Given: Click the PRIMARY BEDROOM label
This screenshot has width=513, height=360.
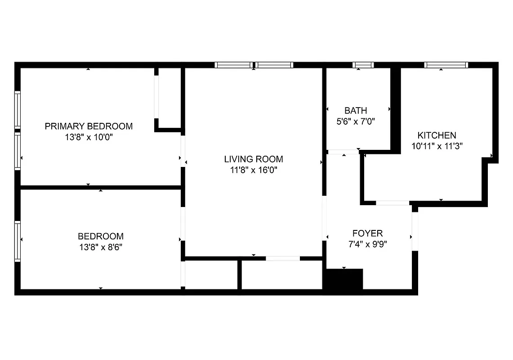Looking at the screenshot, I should point(89,126).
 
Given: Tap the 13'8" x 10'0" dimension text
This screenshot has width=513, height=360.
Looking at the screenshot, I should point(89,137).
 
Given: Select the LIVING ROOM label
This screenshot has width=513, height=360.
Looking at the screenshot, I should point(254,159).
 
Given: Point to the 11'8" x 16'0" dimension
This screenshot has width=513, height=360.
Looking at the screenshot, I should point(254,170).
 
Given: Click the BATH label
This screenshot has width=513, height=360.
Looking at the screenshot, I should point(356,110).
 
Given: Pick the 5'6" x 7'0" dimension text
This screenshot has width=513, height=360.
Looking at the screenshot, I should point(356,121).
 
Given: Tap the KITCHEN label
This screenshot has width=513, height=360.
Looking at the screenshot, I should point(437,135).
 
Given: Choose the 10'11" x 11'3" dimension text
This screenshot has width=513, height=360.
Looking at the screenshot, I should point(437,146).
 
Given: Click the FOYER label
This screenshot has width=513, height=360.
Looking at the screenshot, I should point(367,233).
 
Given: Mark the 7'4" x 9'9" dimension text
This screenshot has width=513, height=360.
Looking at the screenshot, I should point(367,244).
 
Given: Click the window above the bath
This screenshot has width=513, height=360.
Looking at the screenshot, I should point(363,65).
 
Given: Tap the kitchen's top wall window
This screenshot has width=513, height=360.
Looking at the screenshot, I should point(446,65).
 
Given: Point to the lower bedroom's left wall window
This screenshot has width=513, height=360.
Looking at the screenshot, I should point(18,241).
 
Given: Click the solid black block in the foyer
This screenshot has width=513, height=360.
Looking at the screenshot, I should point(343,279).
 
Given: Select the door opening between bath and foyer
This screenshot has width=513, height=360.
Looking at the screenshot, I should point(343,152).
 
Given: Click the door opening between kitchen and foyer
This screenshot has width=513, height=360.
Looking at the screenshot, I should point(392,203).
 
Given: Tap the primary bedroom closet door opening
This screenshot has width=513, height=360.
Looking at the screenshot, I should point(157,97).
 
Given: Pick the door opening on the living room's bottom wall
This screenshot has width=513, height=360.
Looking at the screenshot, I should point(282,258).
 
